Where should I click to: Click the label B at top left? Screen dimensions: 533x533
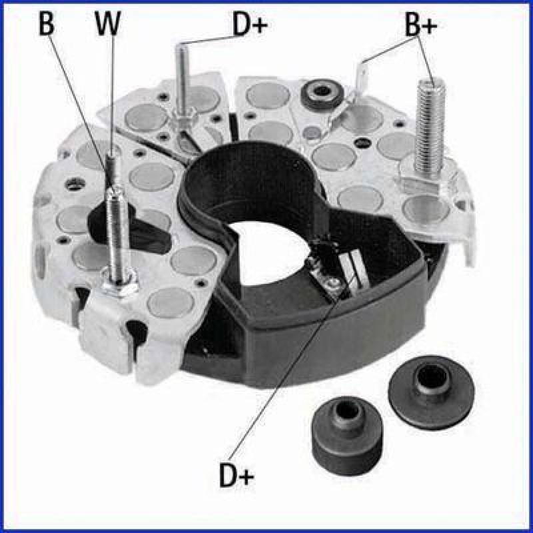click(46, 24)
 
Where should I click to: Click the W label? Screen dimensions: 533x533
click(108, 24)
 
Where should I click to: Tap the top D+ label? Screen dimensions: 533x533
click(250, 24)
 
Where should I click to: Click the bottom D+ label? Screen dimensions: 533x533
click(237, 474)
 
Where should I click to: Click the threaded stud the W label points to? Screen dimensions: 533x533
click(115, 227)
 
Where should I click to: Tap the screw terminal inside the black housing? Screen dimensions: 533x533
click(331, 284)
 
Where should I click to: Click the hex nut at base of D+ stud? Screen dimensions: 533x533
click(180, 122)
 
